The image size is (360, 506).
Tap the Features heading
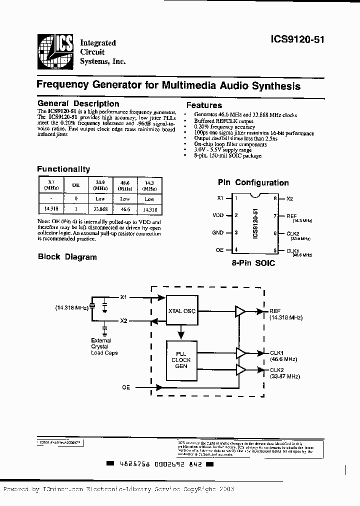[204, 105]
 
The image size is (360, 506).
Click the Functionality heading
[63, 169]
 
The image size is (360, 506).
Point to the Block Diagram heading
[67, 257]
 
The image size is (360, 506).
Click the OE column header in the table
[75, 185]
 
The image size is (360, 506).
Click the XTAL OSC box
[181, 311]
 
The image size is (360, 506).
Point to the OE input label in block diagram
[126, 387]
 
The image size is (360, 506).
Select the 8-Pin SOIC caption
[253, 263]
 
